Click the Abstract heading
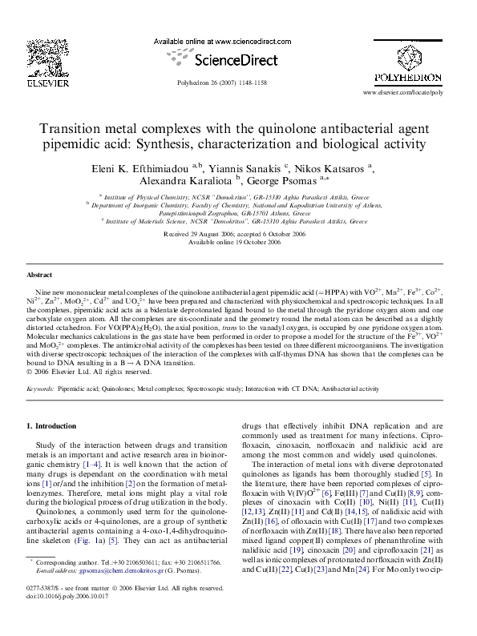click(x=39, y=274)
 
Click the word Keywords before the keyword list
click(x=40, y=387)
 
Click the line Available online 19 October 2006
click(x=238, y=241)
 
